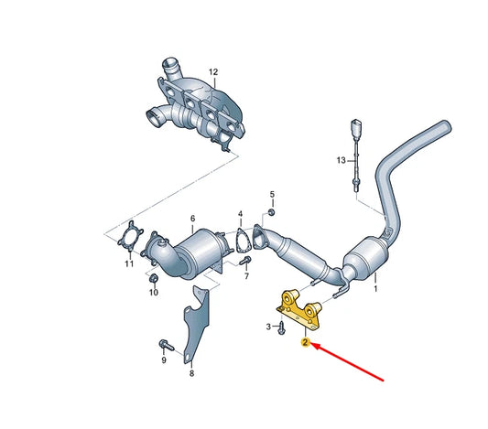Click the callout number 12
click(213, 71)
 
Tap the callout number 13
click(342, 160)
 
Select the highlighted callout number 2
click(305, 343)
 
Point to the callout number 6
click(192, 218)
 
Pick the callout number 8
click(191, 373)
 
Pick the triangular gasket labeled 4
click(243, 242)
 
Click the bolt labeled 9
click(164, 346)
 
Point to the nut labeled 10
click(154, 277)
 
